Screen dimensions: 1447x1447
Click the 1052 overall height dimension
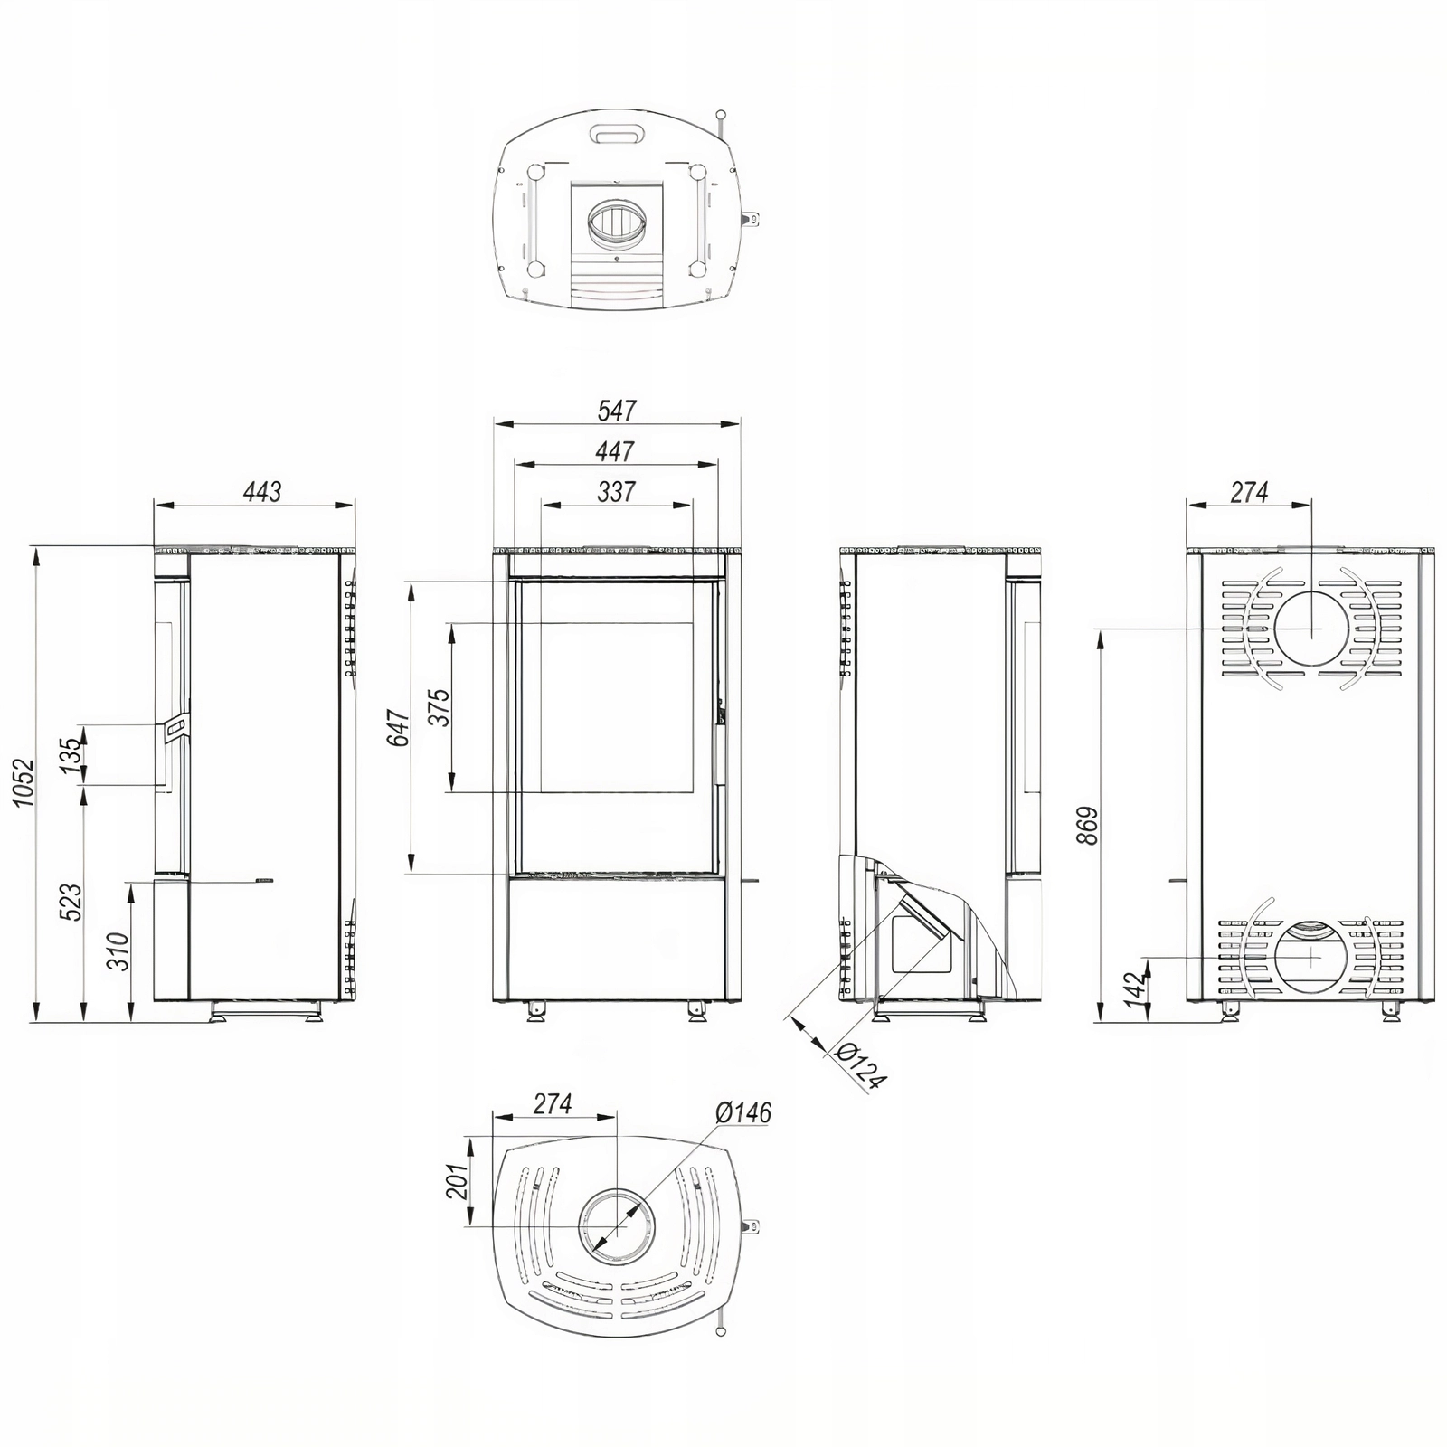(24, 786)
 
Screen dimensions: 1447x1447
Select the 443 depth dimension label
(262, 491)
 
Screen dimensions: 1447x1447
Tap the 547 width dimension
(617, 411)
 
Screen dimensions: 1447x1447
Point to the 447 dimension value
(616, 450)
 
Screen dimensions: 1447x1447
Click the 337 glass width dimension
(617, 491)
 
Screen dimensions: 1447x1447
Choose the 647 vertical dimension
(399, 728)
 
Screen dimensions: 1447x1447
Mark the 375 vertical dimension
(440, 707)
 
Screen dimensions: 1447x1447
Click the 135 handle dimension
(71, 753)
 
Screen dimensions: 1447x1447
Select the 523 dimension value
(71, 902)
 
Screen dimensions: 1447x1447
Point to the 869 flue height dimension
(1088, 826)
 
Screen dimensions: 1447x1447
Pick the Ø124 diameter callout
(860, 1066)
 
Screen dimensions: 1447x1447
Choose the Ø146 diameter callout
(743, 1112)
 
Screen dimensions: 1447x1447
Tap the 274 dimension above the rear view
(1249, 491)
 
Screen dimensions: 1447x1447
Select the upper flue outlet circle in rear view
(1310, 628)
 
